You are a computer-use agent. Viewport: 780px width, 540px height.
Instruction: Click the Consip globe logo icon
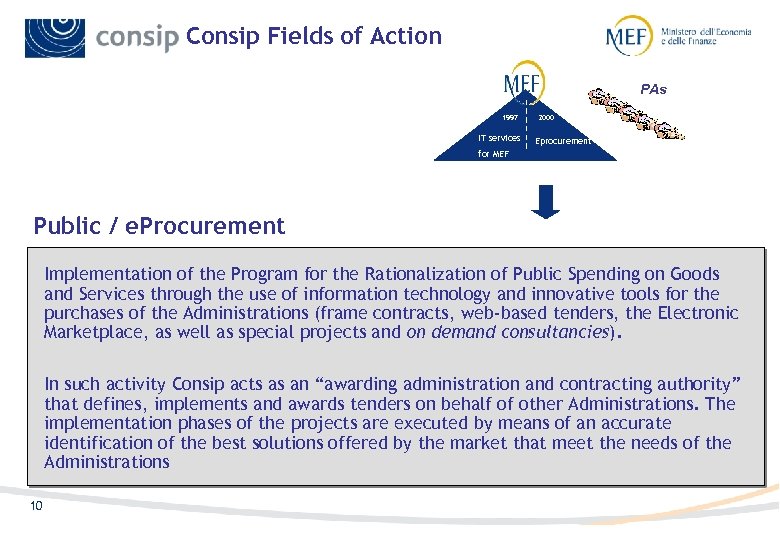click(55, 37)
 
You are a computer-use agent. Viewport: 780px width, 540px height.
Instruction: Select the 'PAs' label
click(653, 89)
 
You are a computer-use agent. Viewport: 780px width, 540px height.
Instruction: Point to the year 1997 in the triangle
click(510, 117)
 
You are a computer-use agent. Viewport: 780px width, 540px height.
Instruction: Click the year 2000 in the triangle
click(546, 117)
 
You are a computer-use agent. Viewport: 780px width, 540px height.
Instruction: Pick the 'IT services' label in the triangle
click(499, 138)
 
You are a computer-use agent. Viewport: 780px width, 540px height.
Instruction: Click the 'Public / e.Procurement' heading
click(159, 226)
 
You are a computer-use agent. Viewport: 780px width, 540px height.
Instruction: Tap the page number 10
click(36, 506)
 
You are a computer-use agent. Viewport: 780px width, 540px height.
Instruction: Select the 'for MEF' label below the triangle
click(493, 155)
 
